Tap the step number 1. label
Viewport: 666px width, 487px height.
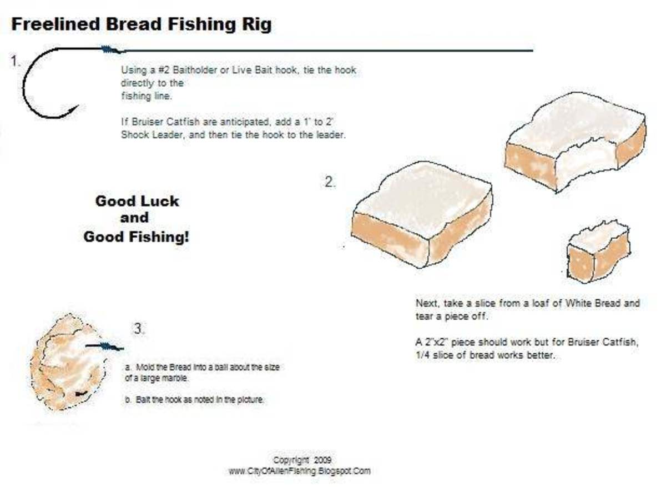(x=16, y=62)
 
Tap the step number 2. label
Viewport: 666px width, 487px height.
(x=330, y=182)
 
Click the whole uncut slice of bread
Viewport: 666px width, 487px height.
(x=422, y=217)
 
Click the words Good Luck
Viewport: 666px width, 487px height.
(x=137, y=201)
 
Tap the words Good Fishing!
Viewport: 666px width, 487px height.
(x=136, y=237)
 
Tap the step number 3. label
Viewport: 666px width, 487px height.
(x=139, y=329)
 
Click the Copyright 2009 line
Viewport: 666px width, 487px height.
(x=302, y=460)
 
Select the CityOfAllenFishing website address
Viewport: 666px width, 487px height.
(x=299, y=471)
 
